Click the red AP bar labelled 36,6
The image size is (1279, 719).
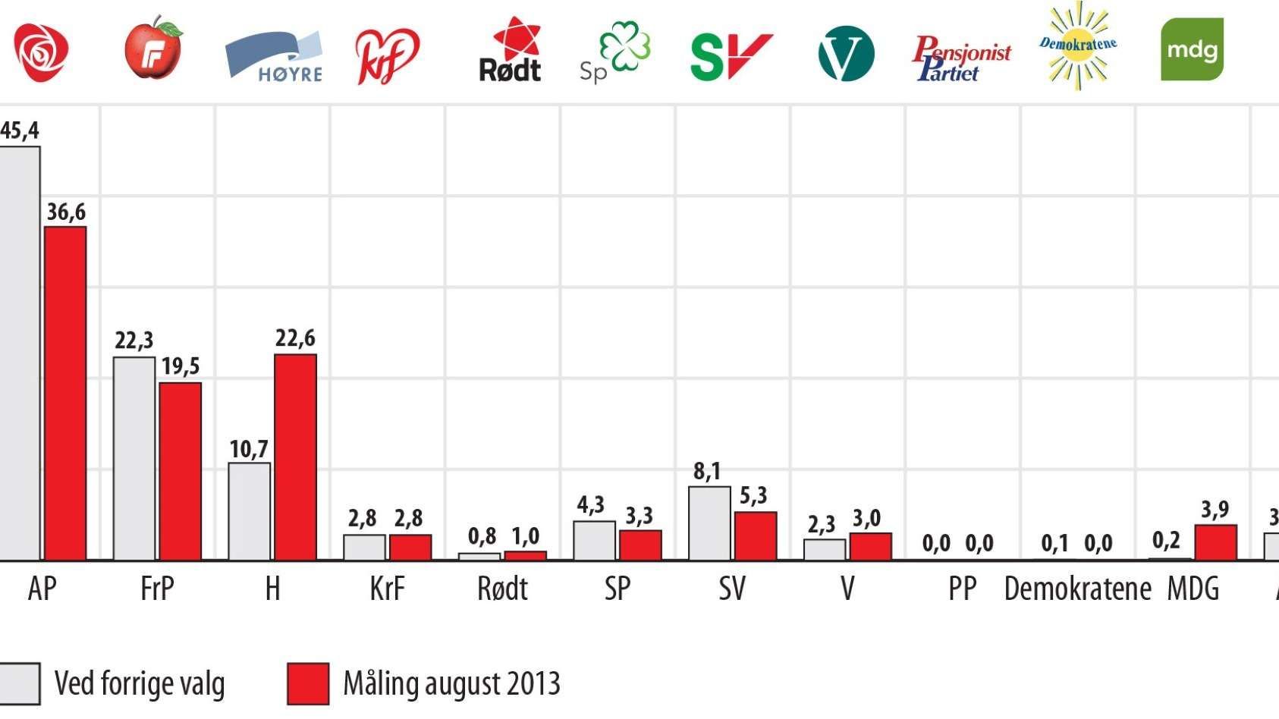[x=65, y=393]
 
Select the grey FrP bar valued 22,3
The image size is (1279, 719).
[x=134, y=458]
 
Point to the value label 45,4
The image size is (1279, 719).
[x=19, y=130]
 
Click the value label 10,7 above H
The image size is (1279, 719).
[x=249, y=449]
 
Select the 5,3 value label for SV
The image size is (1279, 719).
[x=753, y=496]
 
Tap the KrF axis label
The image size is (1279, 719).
[x=387, y=589]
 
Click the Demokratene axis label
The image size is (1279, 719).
[x=1077, y=589]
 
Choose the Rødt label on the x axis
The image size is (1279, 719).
[x=502, y=589]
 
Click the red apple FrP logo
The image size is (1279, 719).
[x=154, y=49]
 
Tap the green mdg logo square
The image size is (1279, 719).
[x=1192, y=50]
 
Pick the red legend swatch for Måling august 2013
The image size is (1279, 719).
[x=308, y=683]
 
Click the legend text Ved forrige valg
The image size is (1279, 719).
[x=140, y=683]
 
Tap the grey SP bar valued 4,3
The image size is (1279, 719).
[x=594, y=540]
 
